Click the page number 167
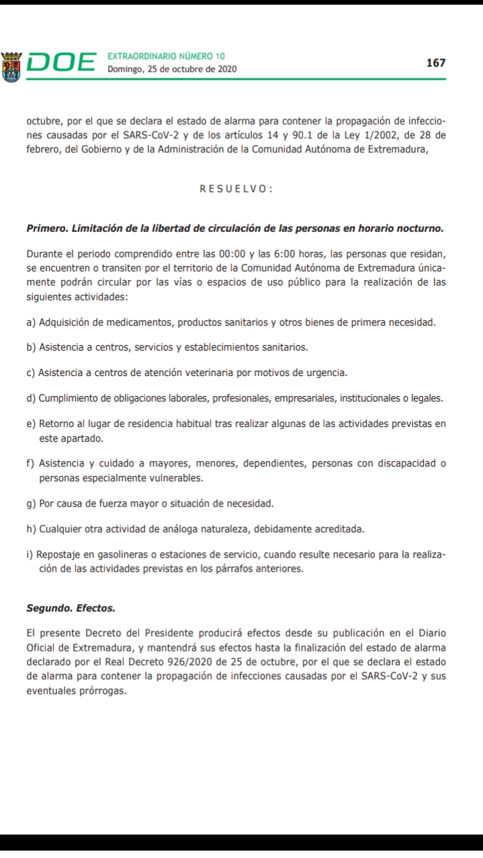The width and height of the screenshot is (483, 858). (435, 62)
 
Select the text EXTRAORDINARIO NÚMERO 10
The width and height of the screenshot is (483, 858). (166, 56)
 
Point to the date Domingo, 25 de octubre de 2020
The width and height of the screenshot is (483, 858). (172, 69)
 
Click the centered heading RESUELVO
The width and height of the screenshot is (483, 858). (235, 189)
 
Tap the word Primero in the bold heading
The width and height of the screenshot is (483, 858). (47, 228)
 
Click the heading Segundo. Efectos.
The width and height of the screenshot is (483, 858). (70, 609)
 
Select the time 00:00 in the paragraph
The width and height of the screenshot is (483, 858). (231, 255)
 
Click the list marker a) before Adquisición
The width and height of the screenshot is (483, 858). (31, 322)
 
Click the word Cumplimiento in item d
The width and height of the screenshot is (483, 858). (69, 398)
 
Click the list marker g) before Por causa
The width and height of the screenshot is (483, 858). (31, 503)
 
